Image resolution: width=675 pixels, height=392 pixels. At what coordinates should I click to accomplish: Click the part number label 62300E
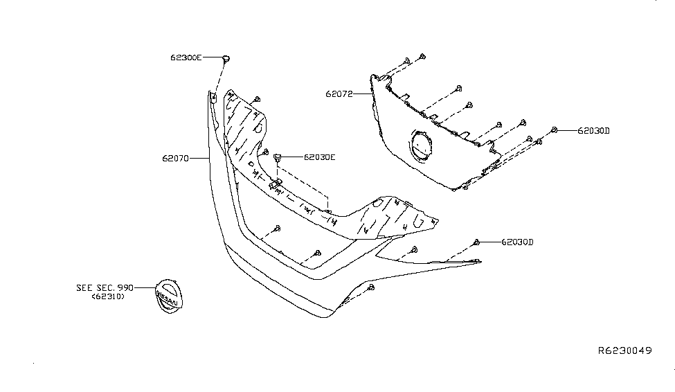(x=186, y=57)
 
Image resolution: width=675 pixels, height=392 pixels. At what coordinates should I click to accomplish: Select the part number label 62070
(x=175, y=159)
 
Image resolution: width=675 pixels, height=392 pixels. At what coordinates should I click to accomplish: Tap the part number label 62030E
(x=319, y=157)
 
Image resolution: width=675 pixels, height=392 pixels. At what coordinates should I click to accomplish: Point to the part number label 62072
(x=339, y=94)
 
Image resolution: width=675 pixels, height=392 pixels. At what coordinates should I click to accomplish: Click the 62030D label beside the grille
(x=593, y=130)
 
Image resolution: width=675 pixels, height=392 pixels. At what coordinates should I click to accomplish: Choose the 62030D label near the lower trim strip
(x=517, y=242)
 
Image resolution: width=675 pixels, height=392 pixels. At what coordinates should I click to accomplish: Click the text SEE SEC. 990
(x=105, y=287)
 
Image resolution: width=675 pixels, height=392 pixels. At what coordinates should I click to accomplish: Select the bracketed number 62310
(x=108, y=296)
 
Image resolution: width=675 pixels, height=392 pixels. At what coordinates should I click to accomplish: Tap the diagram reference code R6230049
(x=625, y=350)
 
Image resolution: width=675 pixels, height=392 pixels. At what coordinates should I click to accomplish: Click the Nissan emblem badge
(x=169, y=296)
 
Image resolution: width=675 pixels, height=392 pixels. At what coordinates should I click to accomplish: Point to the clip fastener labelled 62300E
(x=226, y=58)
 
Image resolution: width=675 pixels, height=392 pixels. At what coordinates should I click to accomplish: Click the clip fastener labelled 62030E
(x=278, y=157)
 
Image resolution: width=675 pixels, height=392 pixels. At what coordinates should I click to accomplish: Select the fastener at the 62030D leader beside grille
(x=555, y=130)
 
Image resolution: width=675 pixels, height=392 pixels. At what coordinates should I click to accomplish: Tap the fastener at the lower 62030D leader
(x=476, y=242)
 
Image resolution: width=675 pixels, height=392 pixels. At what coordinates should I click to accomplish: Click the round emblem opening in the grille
(x=422, y=145)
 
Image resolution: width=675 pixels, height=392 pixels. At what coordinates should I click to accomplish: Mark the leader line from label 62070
(x=199, y=159)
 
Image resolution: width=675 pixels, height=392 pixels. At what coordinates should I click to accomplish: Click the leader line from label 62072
(x=363, y=94)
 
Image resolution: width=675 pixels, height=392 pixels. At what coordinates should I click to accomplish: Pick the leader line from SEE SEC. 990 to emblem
(x=145, y=287)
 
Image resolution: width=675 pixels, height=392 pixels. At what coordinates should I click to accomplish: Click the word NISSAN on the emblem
(x=167, y=298)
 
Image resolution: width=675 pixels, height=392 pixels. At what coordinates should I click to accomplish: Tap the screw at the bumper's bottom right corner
(x=372, y=287)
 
